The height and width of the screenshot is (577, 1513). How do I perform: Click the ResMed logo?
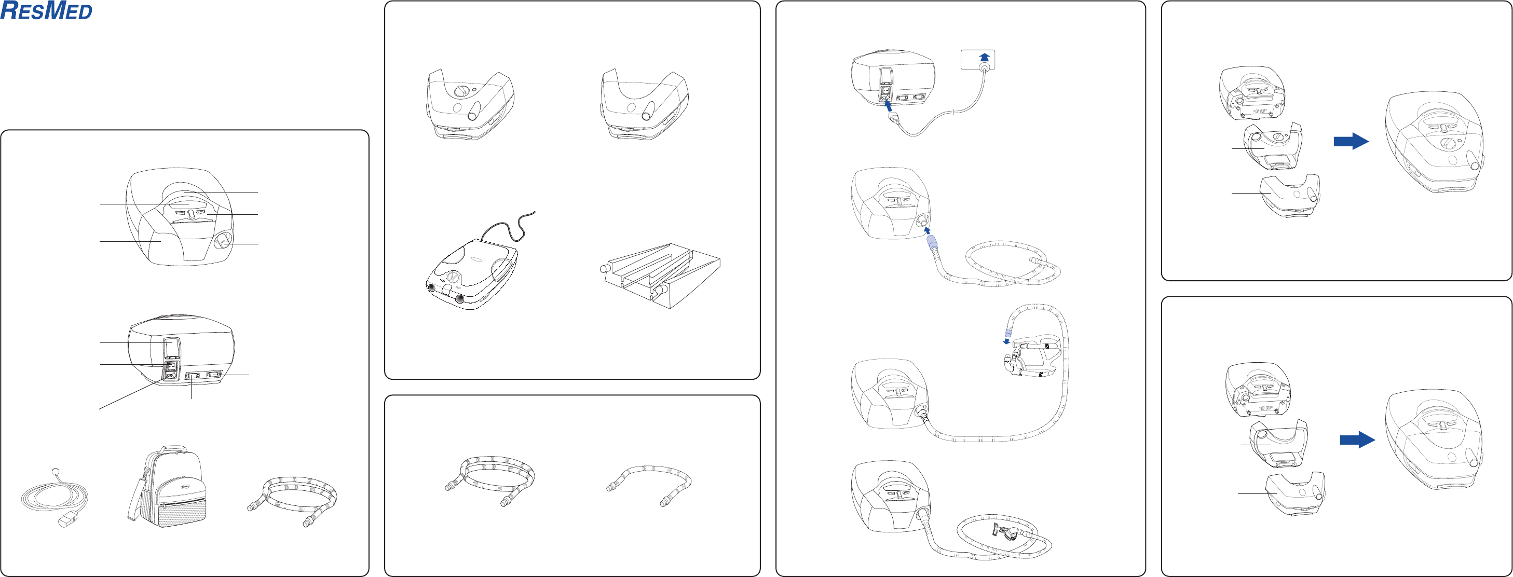46,11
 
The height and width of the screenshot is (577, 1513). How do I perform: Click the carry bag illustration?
166,487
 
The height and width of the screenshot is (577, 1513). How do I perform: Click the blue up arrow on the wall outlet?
985,57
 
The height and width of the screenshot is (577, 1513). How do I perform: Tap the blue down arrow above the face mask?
1006,341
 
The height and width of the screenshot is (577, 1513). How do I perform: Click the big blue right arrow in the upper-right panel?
1351,141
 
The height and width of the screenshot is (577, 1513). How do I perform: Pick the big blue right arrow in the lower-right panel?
1357,439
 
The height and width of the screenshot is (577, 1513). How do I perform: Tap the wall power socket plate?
978,60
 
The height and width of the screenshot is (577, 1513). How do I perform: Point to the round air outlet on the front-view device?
224,242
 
